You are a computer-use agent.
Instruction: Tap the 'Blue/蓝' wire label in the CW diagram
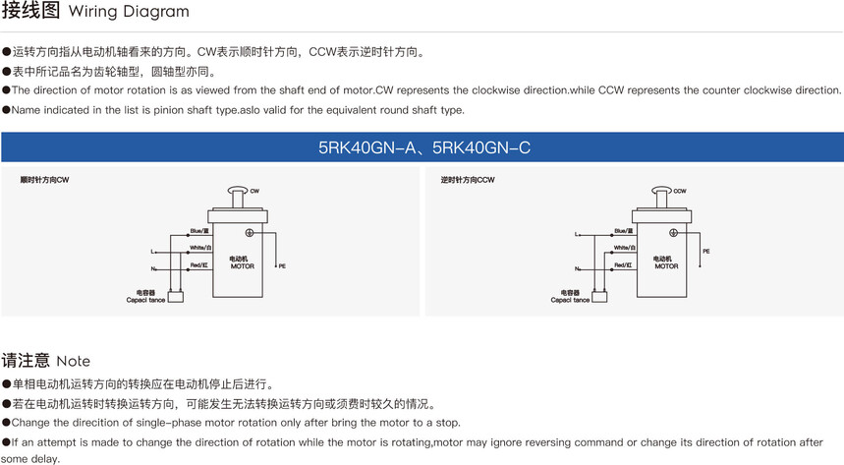point(199,231)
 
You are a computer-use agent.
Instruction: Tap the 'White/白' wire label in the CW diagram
point(198,248)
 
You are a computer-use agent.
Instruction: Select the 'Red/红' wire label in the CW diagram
point(198,265)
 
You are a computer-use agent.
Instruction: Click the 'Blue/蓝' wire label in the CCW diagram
point(624,231)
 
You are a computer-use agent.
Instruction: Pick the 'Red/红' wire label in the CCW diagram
point(623,265)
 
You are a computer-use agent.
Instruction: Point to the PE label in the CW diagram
point(282,266)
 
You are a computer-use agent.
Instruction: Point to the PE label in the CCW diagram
point(706,252)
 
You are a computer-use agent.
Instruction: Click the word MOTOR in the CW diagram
point(242,266)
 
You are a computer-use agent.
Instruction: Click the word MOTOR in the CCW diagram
point(666,266)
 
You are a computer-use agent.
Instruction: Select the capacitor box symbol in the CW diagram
point(176,296)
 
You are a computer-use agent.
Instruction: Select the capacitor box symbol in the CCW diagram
point(600,296)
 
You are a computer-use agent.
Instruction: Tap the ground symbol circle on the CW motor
point(249,232)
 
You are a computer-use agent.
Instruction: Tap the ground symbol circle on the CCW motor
point(673,232)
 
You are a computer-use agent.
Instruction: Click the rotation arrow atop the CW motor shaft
point(236,191)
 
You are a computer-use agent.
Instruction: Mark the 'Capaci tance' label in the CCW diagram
point(571,300)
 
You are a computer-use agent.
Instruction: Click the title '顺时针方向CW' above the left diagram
point(44,181)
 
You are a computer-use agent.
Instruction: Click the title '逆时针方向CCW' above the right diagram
point(468,181)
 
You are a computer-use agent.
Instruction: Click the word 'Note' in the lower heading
point(74,361)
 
